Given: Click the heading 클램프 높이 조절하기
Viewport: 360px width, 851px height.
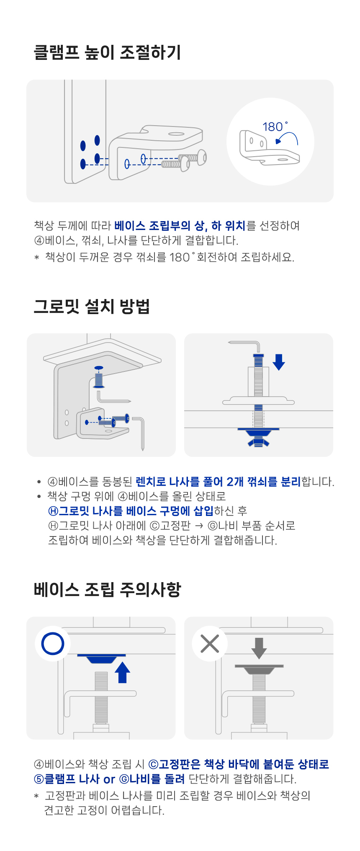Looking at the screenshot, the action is point(107,53).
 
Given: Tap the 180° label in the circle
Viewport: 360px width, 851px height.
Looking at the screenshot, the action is point(275,126).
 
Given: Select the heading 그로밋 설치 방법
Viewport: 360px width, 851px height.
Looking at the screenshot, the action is point(92,307).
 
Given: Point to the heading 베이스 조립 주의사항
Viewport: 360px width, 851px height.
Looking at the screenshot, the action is point(107,590).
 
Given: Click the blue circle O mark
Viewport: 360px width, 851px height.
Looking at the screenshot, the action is point(53,644).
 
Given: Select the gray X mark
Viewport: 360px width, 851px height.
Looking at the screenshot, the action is point(210,644).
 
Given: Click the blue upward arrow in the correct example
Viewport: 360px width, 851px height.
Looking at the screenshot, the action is point(122,672).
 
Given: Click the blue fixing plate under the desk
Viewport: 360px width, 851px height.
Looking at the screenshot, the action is point(101,658).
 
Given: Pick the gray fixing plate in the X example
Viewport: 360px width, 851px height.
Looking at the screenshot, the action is point(259,669).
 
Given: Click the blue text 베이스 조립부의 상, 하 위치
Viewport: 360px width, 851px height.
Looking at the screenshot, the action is point(180,226).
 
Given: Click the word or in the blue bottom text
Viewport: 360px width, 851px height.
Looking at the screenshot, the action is point(109,779).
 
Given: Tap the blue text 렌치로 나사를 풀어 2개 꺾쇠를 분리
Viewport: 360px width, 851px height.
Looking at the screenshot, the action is point(218,482).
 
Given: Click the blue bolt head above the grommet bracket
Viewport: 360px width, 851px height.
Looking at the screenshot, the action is point(99,367).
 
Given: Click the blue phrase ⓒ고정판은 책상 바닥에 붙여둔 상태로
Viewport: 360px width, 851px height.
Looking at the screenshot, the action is point(239,764).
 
